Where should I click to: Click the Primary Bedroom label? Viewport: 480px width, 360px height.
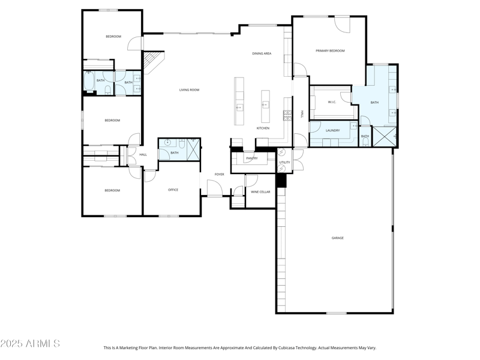pyautogui.click(x=330, y=51)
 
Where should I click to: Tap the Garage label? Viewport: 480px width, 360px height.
pyautogui.click(x=338, y=238)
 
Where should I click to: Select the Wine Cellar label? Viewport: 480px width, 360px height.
pyautogui.click(x=260, y=192)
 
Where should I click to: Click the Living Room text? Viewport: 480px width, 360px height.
pyautogui.click(x=189, y=90)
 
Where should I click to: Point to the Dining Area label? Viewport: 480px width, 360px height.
pyautogui.click(x=262, y=53)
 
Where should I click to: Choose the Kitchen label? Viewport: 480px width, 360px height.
pyautogui.click(x=263, y=128)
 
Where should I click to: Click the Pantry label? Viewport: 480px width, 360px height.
pyautogui.click(x=251, y=158)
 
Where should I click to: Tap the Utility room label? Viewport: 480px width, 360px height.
pyautogui.click(x=284, y=163)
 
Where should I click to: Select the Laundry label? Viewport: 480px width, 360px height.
pyautogui.click(x=332, y=131)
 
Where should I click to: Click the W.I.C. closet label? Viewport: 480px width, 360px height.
pyautogui.click(x=332, y=102)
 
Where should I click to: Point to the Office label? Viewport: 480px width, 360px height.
pyautogui.click(x=173, y=190)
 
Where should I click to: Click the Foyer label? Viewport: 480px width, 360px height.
pyautogui.click(x=220, y=175)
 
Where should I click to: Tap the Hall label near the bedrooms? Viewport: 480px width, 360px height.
pyautogui.click(x=143, y=155)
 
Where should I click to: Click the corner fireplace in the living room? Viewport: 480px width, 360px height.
pyautogui.click(x=152, y=61)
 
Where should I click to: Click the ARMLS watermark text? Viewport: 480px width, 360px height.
pyautogui.click(x=30, y=344)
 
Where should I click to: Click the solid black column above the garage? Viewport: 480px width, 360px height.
pyautogui.click(x=281, y=180)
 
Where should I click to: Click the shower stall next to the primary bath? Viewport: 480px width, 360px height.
pyautogui.click(x=384, y=137)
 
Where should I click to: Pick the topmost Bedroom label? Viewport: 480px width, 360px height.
pyautogui.click(x=113, y=37)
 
